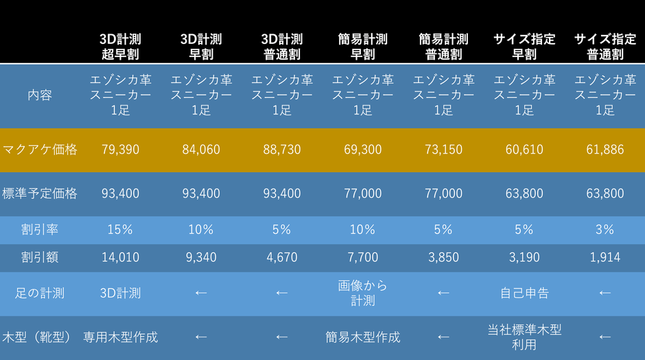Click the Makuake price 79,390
click(x=120, y=149)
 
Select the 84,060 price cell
click(x=201, y=149)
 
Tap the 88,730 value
click(x=281, y=149)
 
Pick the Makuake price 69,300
click(x=362, y=149)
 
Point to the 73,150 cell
click(x=443, y=149)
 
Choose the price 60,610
click(x=524, y=149)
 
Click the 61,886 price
click(x=605, y=149)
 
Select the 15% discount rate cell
click(x=120, y=230)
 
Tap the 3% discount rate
click(x=605, y=230)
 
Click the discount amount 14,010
click(x=120, y=258)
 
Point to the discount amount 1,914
click(x=605, y=258)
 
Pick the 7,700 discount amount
click(x=362, y=258)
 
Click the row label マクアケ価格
click(x=39, y=149)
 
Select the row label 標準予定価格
click(x=39, y=194)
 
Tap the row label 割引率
click(x=39, y=230)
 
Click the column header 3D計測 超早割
click(x=120, y=47)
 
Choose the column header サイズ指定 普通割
click(x=605, y=47)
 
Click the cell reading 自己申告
click(x=524, y=293)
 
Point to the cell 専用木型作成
click(x=120, y=337)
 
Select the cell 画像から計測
click(x=362, y=293)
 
